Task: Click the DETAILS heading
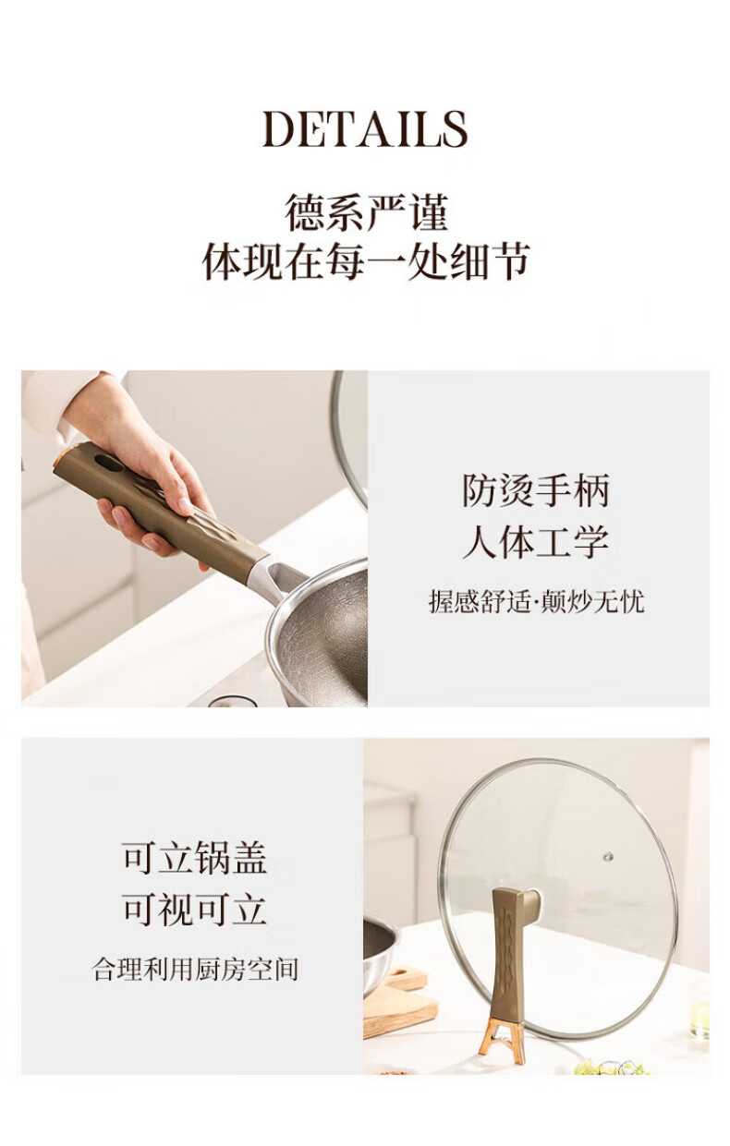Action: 365,129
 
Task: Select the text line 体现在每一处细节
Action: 366,261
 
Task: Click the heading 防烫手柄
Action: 536,490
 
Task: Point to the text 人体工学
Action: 536,542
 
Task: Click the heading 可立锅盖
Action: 195,858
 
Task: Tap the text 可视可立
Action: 195,909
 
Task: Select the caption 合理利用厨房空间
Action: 195,970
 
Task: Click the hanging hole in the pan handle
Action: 109,463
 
